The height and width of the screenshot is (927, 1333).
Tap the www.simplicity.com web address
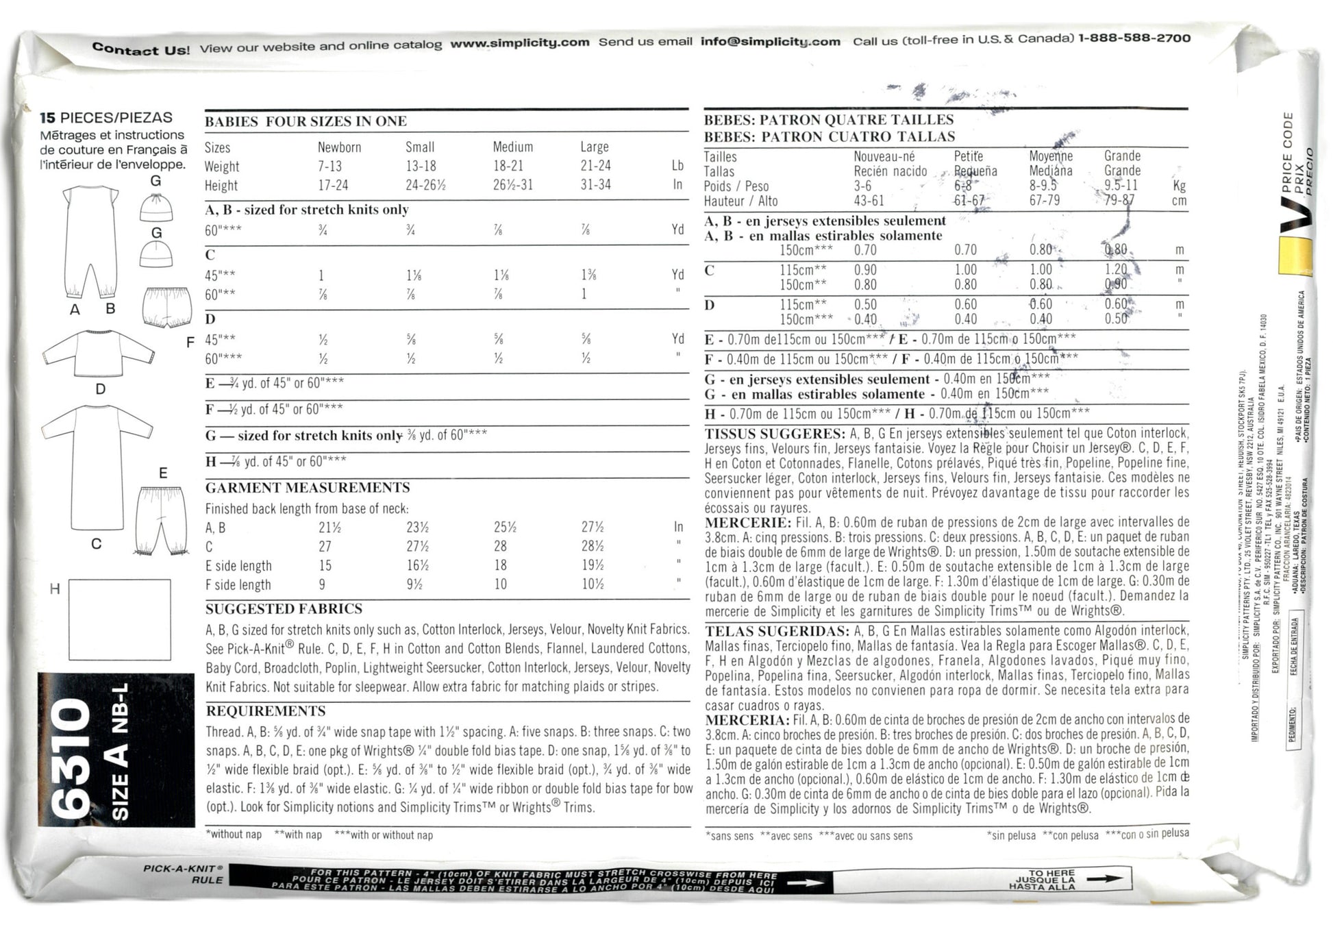pyautogui.click(x=519, y=43)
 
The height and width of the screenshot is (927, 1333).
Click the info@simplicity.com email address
pyautogui.click(x=770, y=42)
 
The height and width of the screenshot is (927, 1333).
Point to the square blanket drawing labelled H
pyautogui.click(x=119, y=619)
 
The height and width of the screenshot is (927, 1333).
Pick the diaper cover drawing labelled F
pyautogui.click(x=166, y=307)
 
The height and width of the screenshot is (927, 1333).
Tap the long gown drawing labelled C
pyautogui.click(x=98, y=466)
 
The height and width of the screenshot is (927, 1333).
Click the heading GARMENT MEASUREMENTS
pyautogui.click(x=308, y=488)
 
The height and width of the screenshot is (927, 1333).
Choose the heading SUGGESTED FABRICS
pyautogui.click(x=284, y=608)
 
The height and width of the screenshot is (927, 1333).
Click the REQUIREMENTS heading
pyautogui.click(x=265, y=711)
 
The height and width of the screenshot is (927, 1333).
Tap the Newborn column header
pyautogui.click(x=339, y=147)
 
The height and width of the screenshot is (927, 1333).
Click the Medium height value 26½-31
pyautogui.click(x=512, y=185)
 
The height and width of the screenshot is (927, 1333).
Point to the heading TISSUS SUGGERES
pyautogui.click(x=774, y=434)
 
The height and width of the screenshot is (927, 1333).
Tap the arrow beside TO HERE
pyautogui.click(x=1104, y=878)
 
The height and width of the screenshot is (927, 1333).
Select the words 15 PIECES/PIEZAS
pyautogui.click(x=105, y=118)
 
